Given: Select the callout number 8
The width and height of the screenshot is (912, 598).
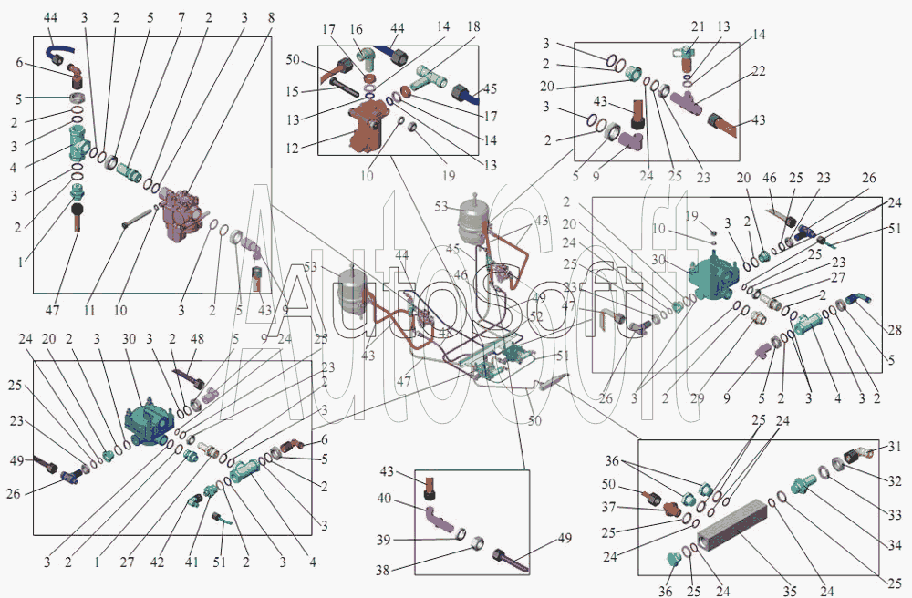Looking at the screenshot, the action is (270, 18).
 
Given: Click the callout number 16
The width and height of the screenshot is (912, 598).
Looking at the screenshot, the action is (355, 30).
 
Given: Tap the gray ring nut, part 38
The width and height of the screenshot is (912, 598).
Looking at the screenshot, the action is (474, 544).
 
